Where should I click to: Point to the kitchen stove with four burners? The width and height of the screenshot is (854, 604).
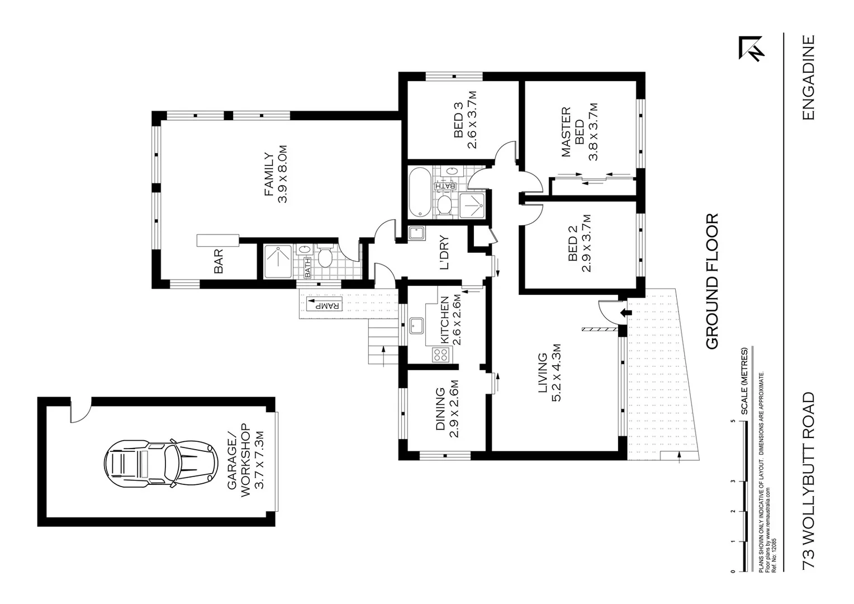pyautogui.click(x=441, y=353)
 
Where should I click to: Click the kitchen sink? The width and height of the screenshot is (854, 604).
pyautogui.click(x=416, y=324)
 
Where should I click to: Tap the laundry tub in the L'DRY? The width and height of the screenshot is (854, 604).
pyautogui.click(x=416, y=232)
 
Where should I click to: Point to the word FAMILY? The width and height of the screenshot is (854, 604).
pyautogui.click(x=269, y=174)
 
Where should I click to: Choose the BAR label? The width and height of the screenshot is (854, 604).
pyautogui.click(x=219, y=261)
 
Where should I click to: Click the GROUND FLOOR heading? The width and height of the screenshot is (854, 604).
pyautogui.click(x=712, y=281)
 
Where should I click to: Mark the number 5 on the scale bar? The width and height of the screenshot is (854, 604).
pyautogui.click(x=733, y=421)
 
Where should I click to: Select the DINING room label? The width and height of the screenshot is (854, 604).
pyautogui.click(x=440, y=409)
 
